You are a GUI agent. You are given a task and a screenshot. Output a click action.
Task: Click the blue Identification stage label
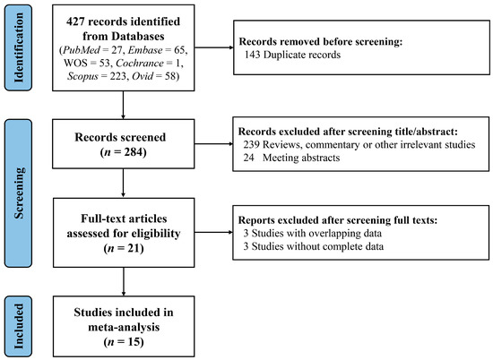pos(18,47)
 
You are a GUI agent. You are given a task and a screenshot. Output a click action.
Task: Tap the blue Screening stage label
pos(18,193)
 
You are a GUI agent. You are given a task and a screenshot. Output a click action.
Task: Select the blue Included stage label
pos(18,326)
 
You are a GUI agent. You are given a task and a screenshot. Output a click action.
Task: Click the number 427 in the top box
pos(75,21)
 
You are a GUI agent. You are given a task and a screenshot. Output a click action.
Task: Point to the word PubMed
pos(82,50)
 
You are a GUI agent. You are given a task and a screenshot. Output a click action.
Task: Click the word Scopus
pos(82,76)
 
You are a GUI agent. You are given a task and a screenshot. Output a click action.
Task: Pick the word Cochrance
pos(140,64)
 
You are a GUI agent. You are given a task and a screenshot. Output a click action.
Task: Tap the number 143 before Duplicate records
pos(252,55)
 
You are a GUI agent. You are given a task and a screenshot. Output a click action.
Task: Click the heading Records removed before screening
pos(321,41)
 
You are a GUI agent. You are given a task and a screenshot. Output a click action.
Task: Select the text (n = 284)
pos(124,152)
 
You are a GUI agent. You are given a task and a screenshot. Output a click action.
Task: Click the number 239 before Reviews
pos(251,144)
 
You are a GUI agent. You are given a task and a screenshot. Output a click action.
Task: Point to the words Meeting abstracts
pos(301,158)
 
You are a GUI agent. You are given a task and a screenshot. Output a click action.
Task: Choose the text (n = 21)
pos(124,248)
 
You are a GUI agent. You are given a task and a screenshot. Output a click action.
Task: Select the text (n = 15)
pos(124,342)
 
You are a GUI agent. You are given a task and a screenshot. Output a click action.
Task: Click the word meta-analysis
pos(124,328)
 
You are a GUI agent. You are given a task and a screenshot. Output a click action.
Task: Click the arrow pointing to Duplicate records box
pos(214,47)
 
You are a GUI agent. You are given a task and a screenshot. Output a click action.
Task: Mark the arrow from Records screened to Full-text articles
pos(123,184)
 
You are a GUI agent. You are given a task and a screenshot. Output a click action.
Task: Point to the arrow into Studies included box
pos(124,282)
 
